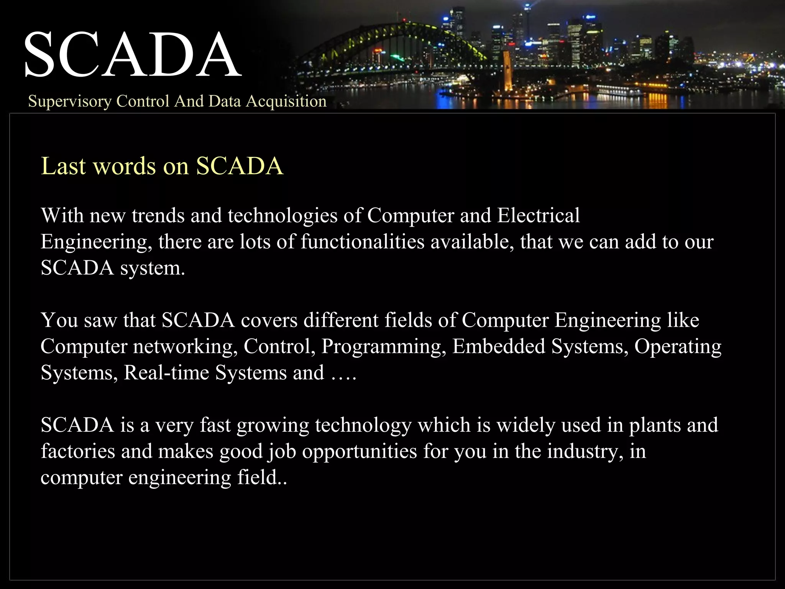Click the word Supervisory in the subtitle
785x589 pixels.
[x=69, y=101]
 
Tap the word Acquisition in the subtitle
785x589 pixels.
[x=286, y=101]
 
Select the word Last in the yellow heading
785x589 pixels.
[x=63, y=166]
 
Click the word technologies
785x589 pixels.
[x=282, y=216]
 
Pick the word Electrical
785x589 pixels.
[x=539, y=216]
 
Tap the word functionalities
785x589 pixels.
[x=362, y=242]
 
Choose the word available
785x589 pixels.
[x=472, y=242]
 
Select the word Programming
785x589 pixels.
[x=384, y=347]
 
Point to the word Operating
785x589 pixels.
[x=678, y=347]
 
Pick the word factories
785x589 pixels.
[x=78, y=451]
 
